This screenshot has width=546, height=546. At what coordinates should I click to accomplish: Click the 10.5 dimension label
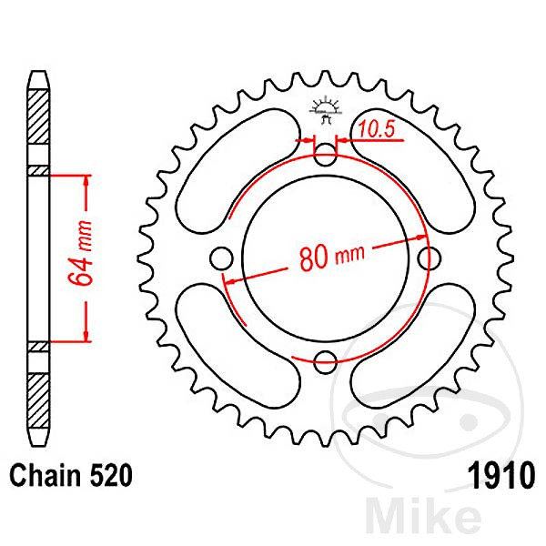[x=377, y=129]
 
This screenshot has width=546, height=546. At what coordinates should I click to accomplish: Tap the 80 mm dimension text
[x=332, y=258]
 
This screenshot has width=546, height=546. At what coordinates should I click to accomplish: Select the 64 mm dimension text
[x=80, y=253]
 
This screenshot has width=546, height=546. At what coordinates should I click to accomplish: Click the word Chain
[x=45, y=475]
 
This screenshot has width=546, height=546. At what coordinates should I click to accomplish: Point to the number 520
[x=111, y=475]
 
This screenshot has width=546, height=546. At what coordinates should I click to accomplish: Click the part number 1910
[x=501, y=475]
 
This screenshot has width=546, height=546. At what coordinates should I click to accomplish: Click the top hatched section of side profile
[x=38, y=117]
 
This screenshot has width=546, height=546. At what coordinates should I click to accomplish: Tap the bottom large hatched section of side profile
[x=38, y=401]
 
